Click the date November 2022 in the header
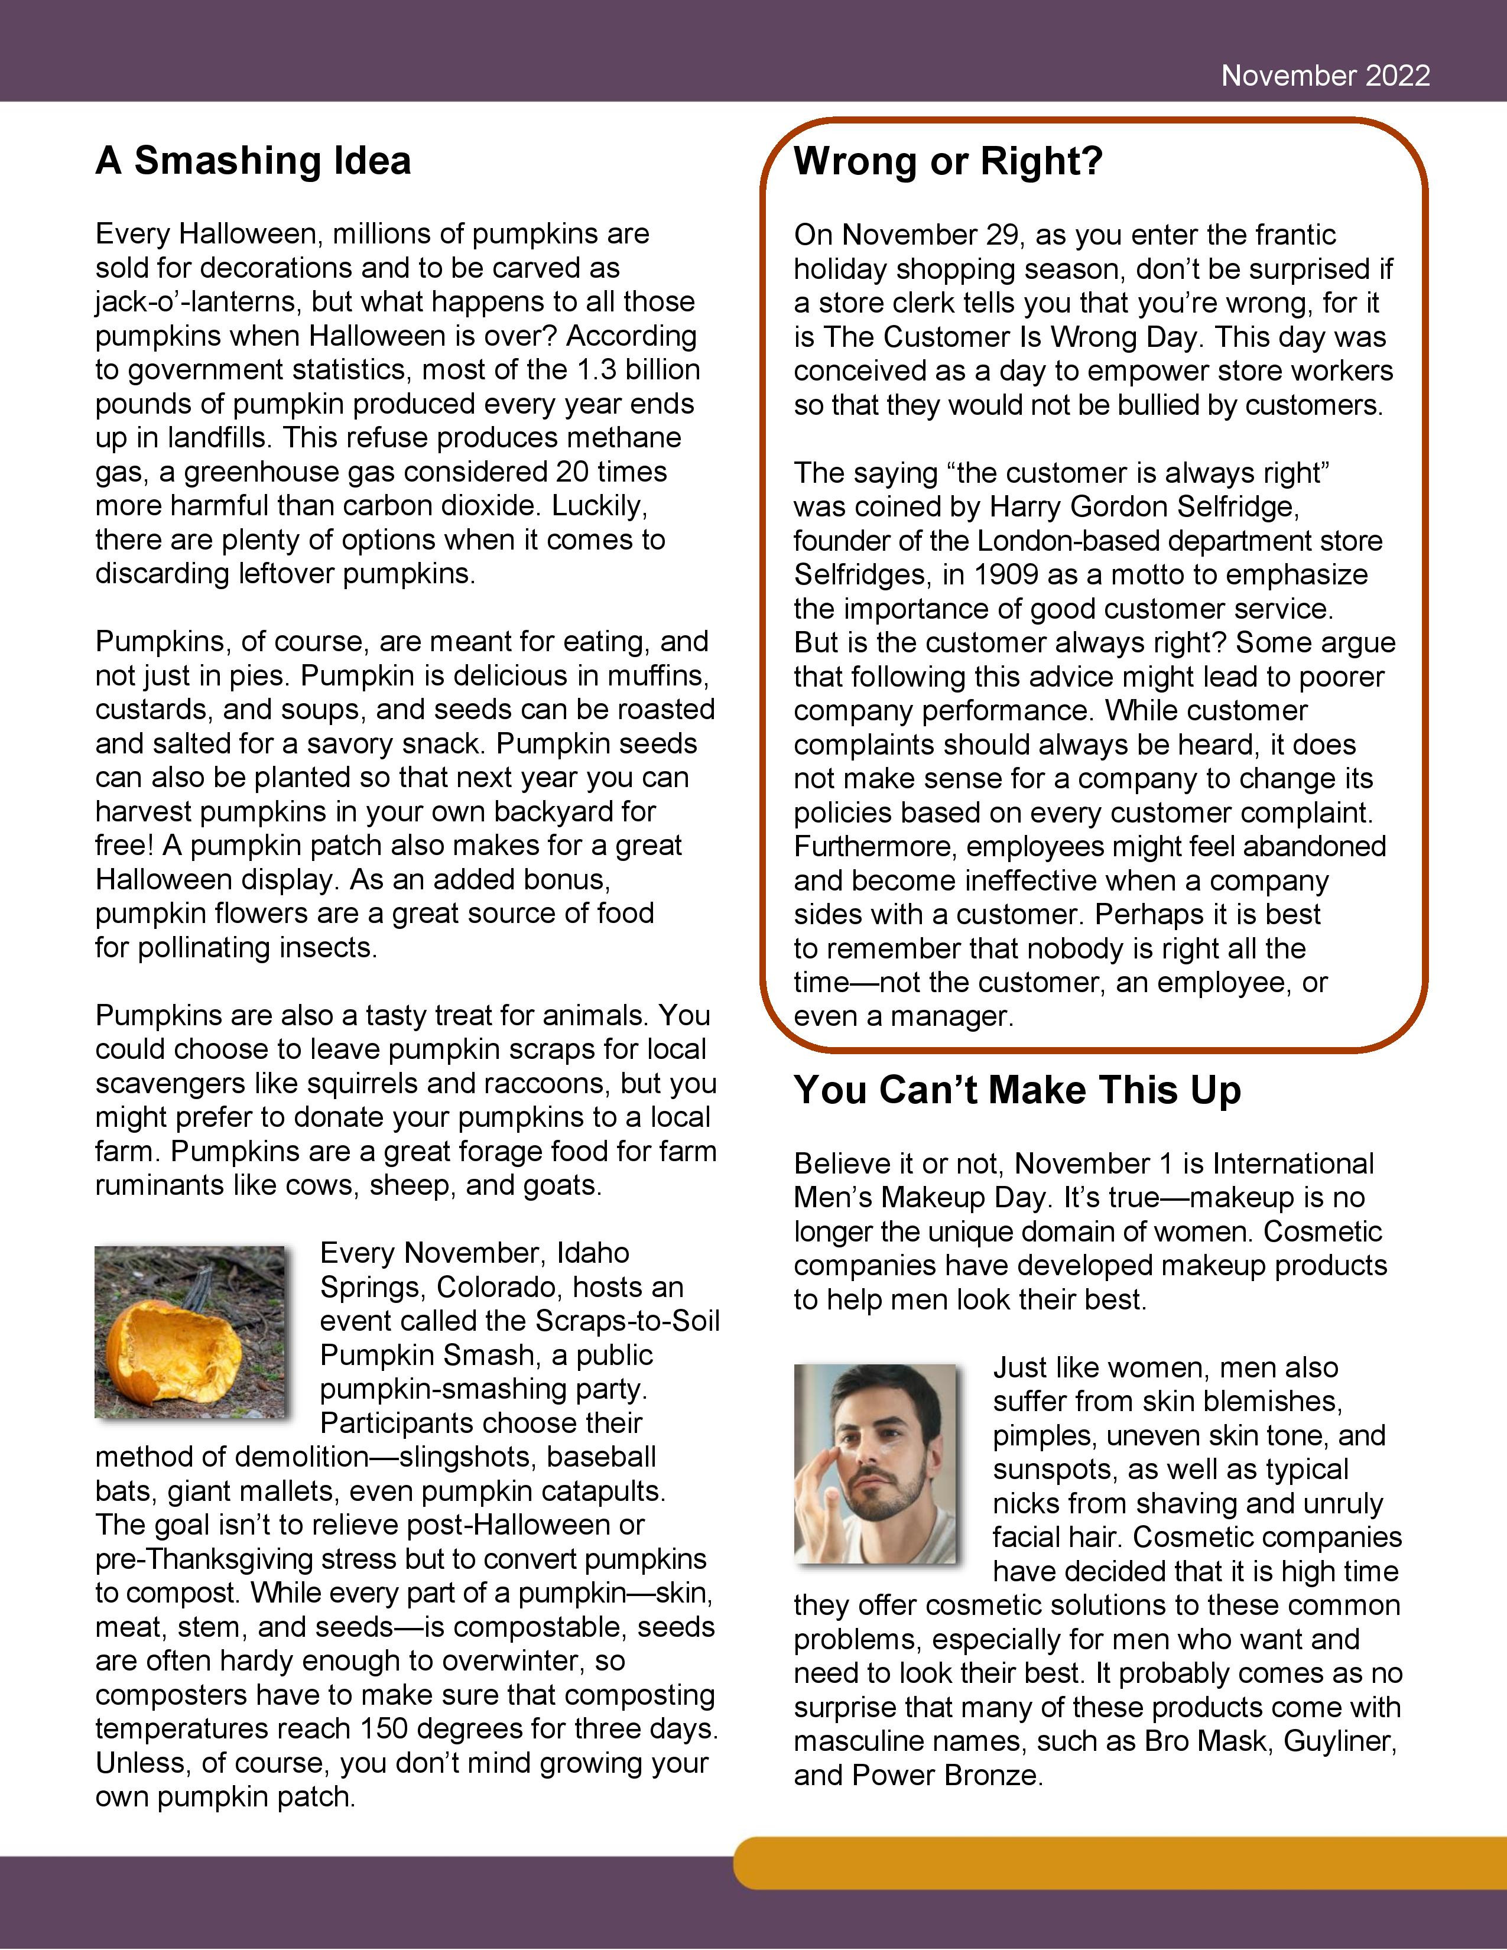tap(1325, 76)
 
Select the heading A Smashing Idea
tap(253, 161)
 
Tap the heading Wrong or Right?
tap(947, 161)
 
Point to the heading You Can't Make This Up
tap(1017, 1090)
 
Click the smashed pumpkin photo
tap(189, 1331)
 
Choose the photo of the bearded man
tap(874, 1464)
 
